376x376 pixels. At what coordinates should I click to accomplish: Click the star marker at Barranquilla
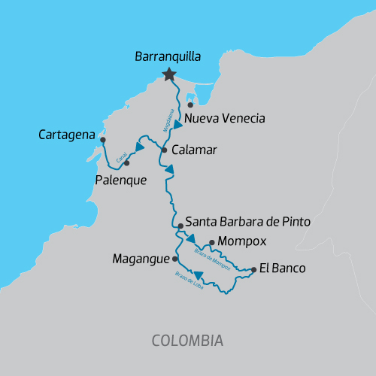tap(169, 74)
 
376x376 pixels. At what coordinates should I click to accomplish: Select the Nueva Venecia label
tap(225, 119)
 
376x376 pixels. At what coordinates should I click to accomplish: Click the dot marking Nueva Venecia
tap(190, 105)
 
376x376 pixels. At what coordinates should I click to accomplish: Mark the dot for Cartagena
tap(103, 139)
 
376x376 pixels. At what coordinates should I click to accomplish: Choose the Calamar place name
tap(194, 150)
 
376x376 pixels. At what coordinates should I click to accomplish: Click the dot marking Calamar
tap(165, 150)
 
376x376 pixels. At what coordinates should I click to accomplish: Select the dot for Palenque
tap(126, 162)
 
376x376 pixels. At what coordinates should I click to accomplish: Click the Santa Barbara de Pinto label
tap(247, 223)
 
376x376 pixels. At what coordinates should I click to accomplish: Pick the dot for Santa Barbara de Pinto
tap(180, 225)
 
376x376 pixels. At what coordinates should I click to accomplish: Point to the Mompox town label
tap(237, 243)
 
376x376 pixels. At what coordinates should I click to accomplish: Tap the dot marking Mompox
tap(212, 242)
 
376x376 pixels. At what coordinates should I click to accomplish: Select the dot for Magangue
tap(175, 258)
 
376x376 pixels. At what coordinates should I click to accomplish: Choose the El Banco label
tap(282, 267)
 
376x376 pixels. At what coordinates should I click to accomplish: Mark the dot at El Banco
tap(253, 268)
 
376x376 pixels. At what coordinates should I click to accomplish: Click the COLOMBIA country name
tap(187, 340)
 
